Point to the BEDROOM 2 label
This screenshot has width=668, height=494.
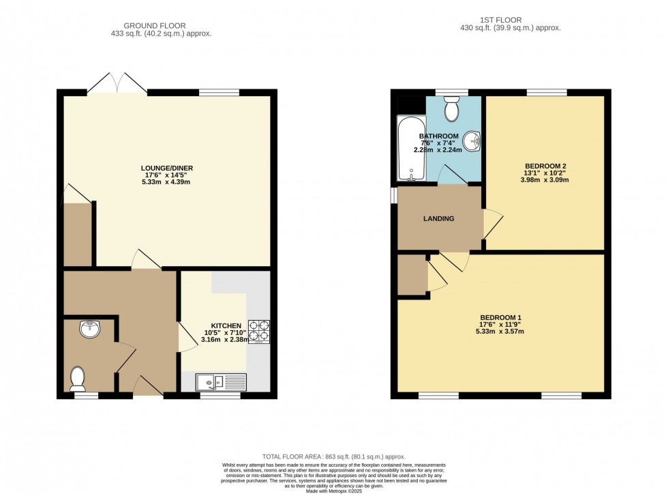click(545, 166)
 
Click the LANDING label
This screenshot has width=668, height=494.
click(438, 218)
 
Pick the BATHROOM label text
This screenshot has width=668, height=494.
click(439, 136)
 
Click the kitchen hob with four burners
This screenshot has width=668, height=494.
click(259, 331)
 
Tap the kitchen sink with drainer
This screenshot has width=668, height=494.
click(221, 382)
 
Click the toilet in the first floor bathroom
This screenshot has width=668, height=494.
click(451, 108)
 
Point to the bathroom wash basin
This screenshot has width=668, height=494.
click(472, 141)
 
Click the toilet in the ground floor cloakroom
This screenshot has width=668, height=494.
click(78, 377)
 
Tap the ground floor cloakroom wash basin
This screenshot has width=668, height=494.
click(89, 330)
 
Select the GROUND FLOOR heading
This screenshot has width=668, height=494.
click(162, 24)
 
